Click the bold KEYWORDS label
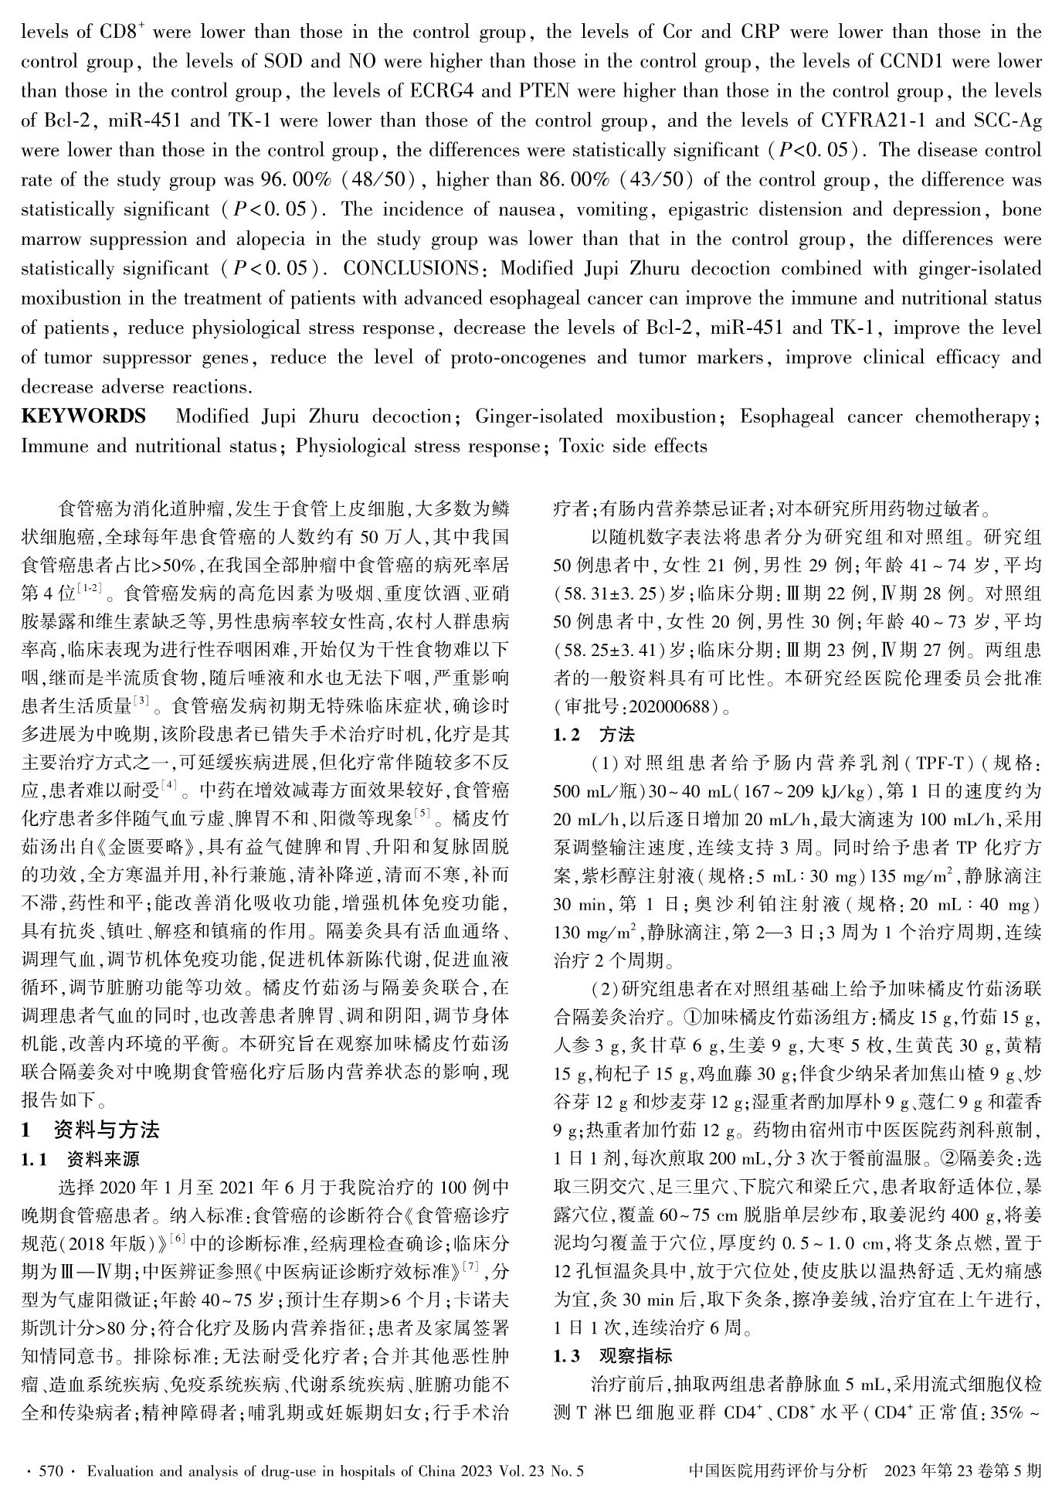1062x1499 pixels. (x=83, y=417)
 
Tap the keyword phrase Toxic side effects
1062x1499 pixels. (x=633, y=447)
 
